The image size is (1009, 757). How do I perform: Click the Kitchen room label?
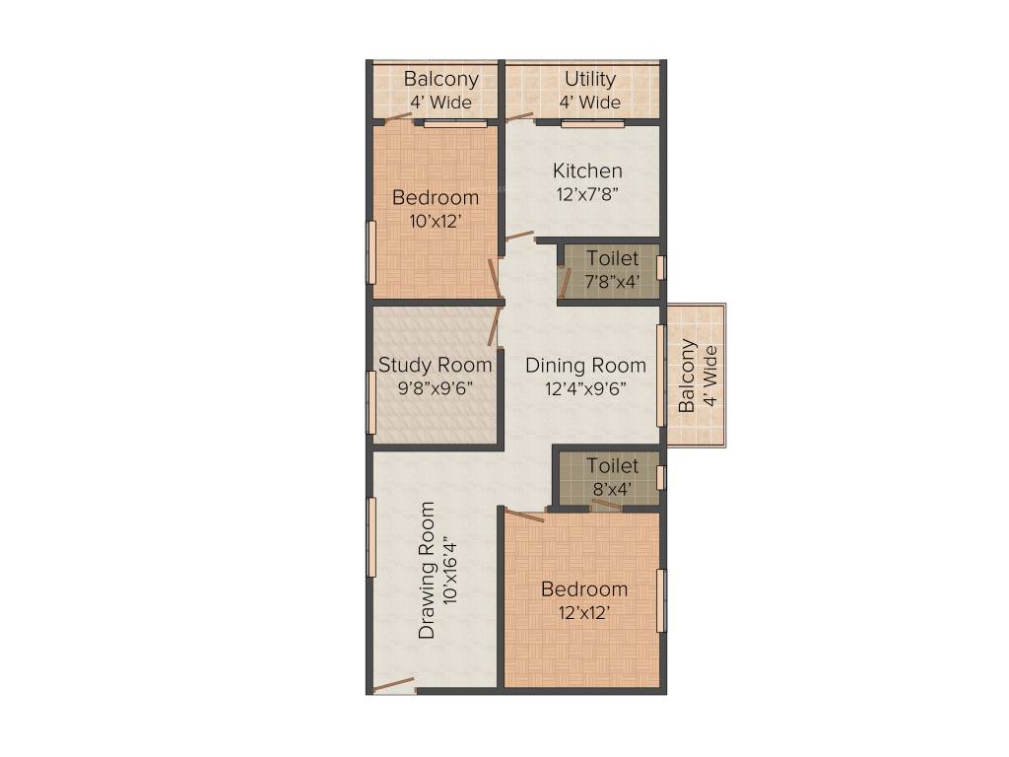pos(587,171)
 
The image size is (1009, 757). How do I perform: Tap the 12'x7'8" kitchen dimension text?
pos(587,194)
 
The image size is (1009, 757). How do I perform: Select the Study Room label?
pos(436,365)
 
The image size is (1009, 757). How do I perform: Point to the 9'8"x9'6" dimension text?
pos(436,388)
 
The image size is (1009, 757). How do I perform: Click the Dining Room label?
pos(585,365)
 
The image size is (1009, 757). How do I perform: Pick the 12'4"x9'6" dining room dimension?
pos(585,388)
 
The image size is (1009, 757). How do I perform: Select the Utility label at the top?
pos(590,79)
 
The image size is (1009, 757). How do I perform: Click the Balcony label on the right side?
pos(687,376)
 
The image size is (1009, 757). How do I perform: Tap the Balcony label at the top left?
pos(441,79)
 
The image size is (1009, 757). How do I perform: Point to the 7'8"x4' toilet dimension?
pos(612,282)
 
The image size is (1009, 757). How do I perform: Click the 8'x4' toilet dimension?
pos(612,489)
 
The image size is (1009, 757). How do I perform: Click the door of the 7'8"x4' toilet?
pos(565,282)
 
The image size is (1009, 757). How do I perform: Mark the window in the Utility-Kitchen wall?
pos(592,124)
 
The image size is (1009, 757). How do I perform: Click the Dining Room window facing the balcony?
pos(661,376)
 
